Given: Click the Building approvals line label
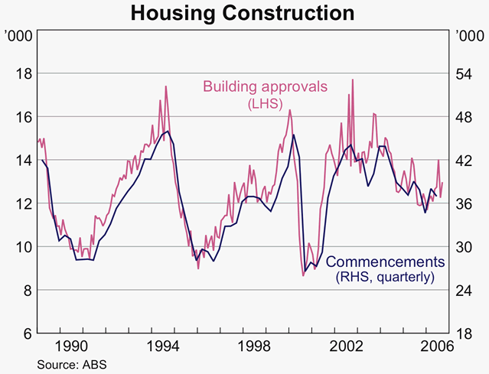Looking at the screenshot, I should click(265, 87).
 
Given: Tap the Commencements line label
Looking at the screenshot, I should click(390, 262).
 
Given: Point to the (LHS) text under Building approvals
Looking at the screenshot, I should click(266, 103).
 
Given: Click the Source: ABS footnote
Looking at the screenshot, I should click(71, 364).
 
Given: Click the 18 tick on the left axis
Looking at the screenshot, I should click(24, 73).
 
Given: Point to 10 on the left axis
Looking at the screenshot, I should click(24, 247).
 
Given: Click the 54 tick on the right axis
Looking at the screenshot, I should click(464, 73).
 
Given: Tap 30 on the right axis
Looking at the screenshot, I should click(464, 247).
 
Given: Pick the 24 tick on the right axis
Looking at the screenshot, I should click(464, 291).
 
